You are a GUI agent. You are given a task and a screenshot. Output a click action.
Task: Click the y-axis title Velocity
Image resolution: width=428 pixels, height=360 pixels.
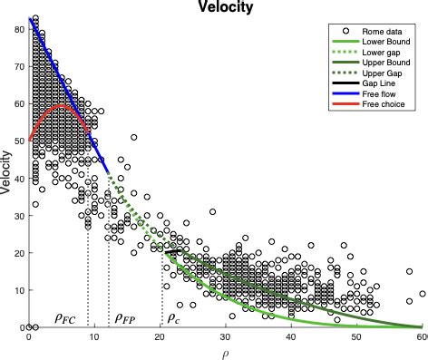[7, 173]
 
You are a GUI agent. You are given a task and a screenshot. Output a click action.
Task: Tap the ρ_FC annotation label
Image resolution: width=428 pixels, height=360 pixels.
[65, 318]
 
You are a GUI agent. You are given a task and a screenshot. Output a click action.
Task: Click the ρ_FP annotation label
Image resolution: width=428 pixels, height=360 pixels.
[124, 318]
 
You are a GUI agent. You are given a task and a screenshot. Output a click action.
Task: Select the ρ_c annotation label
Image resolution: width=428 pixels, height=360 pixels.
[174, 318]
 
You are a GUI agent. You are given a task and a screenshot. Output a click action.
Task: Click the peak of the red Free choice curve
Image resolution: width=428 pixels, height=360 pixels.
[62, 105]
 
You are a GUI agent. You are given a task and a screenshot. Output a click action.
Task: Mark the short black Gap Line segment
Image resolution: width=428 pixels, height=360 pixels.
[172, 250]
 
